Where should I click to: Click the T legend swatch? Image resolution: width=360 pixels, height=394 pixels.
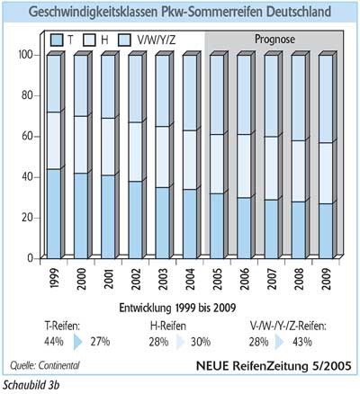coord(57,40)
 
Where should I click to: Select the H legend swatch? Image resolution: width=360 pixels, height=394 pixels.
coord(89,40)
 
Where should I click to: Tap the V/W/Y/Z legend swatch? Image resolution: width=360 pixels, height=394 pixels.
coord(124,40)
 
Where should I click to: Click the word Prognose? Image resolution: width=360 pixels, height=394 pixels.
coord(274,40)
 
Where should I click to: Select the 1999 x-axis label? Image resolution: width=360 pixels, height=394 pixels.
coord(54,279)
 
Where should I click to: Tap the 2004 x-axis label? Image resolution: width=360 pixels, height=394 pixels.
coord(190,279)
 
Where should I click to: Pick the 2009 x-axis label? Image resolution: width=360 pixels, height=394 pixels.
coord(326,279)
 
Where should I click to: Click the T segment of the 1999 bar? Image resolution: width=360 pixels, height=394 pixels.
coord(54,214)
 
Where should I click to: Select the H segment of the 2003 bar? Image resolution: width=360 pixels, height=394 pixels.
coord(162,157)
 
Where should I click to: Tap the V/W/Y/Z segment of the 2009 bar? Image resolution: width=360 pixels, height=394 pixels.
coord(326,99)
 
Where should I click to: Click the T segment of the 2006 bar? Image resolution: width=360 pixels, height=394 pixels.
coord(244,228)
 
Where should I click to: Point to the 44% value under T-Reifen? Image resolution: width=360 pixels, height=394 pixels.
coord(54,342)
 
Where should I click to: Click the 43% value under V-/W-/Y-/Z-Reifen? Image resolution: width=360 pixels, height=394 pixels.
coord(302,342)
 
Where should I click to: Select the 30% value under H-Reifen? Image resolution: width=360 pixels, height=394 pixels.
coord(201,342)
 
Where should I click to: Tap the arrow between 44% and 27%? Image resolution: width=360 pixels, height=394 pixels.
coord(77,342)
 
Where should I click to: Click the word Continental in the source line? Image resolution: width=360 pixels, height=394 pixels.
coord(58,365)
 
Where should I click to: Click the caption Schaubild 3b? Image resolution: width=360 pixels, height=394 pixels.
coord(31,385)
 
